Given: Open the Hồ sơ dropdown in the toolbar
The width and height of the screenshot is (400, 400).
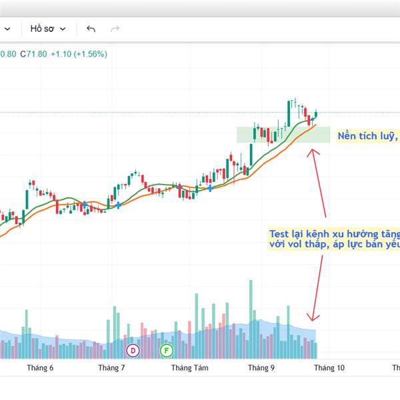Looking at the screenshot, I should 48,29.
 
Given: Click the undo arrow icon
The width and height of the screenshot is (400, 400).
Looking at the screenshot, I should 91,29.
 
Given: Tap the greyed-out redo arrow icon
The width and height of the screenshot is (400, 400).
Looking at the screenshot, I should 115,29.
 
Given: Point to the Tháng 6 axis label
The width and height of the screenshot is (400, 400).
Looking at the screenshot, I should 40,367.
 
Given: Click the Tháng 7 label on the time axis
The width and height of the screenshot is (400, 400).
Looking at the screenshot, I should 111,367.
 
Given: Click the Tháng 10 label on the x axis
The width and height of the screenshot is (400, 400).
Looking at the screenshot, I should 329,367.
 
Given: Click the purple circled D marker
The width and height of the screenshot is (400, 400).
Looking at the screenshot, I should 133,349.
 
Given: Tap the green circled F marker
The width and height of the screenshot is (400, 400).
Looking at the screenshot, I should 166,349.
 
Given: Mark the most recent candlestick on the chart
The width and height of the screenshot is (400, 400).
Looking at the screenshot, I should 315,116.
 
